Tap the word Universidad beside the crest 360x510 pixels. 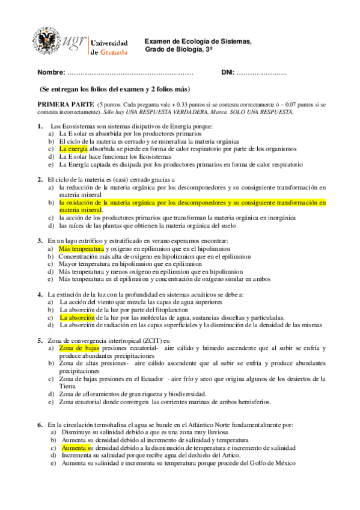pyautogui.click(x=109, y=43)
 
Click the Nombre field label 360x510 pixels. pyautogui.click(x=51, y=73)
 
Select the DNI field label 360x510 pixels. pyautogui.click(x=228, y=73)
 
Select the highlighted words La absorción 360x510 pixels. pyautogui.click(x=77, y=317)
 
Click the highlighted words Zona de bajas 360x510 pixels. pyautogui.click(x=79, y=348)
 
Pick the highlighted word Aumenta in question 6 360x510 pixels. pyautogui.click(x=74, y=449)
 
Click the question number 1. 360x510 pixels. pyautogui.click(x=40, y=126)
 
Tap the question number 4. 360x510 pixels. pyautogui.click(x=40, y=295)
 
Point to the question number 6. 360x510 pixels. pyautogui.click(x=40, y=425)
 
